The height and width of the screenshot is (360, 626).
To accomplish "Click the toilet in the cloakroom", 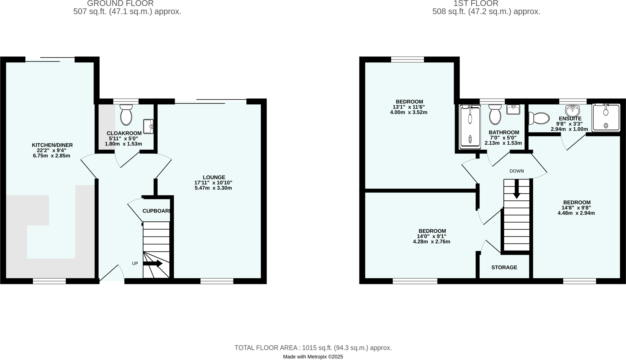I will coord(126,115).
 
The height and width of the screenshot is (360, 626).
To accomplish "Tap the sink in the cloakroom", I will coord(148,126).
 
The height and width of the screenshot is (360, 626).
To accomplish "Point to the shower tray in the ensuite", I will coord(606,118).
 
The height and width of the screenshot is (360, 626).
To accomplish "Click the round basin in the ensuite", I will coord(573,110).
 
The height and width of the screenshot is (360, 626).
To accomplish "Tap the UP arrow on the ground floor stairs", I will coord(153,263).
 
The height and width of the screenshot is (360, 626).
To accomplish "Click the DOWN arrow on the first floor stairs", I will coord(517,189).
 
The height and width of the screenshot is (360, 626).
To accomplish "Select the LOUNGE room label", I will coord(214,177).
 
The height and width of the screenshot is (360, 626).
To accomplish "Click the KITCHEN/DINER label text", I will coord(52,145).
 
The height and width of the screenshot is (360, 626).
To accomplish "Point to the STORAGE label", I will coord(504,267).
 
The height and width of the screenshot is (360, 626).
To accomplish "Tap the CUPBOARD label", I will coord(156,211).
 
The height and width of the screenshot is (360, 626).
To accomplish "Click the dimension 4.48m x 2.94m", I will coord(576,213).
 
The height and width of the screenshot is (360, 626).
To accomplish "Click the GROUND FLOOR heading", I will coord(120,4).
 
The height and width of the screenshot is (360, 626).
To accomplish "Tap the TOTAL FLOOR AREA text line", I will coord(313,348).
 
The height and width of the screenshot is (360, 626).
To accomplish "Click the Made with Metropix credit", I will coord(313,357).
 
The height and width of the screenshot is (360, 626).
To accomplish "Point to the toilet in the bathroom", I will coord(495,115).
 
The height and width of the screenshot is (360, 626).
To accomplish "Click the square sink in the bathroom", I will coord(513,109).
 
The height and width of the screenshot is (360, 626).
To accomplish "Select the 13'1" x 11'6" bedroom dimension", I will coord(409,107).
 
